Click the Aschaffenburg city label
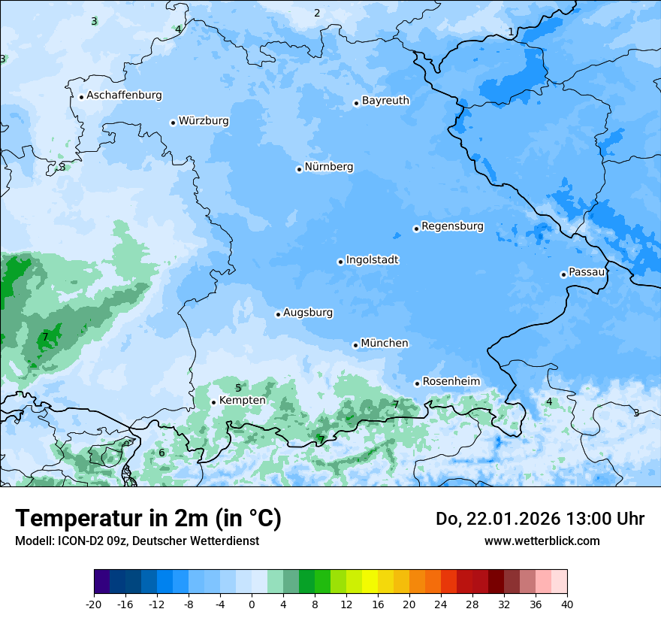[x=124, y=95]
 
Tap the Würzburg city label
[x=204, y=121]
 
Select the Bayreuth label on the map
[x=385, y=101]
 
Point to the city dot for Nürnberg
[x=299, y=169]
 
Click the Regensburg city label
[x=452, y=226]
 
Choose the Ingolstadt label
[x=372, y=260]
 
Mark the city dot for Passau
[x=563, y=274]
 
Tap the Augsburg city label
[x=308, y=313]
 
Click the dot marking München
[x=355, y=345]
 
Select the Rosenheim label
[x=451, y=382]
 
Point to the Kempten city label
[x=242, y=401]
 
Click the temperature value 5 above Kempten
[x=238, y=388]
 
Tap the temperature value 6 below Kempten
[x=161, y=453]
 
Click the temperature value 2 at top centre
[x=317, y=13]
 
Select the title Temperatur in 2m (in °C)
[x=149, y=519]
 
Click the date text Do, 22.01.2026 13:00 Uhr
[x=540, y=519]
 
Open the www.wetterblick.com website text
[x=542, y=541]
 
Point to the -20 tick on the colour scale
[x=94, y=604]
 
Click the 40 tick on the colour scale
[x=567, y=604]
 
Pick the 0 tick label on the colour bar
[x=252, y=604]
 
